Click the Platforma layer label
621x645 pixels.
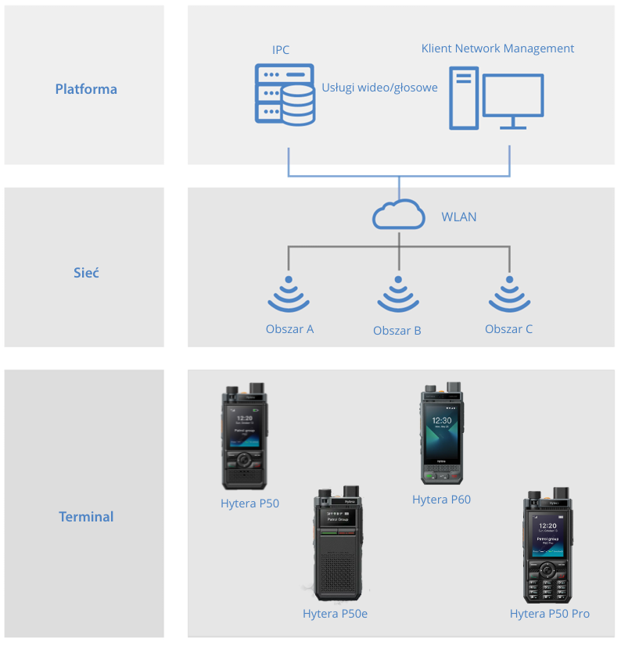coord(86,89)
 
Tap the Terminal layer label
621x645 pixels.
coord(86,517)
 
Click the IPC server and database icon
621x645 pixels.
coord(285,94)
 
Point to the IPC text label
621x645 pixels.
coord(281,50)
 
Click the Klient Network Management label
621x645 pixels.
coord(497,48)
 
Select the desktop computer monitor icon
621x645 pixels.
coord(512,100)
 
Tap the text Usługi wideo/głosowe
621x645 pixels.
coord(379,88)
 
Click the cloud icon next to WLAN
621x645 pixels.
coord(399,215)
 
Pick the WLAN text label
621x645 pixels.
coord(459,217)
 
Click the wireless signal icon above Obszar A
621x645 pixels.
coord(289,296)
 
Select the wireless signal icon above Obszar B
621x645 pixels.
coord(399,296)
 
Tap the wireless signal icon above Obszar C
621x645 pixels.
coord(510,296)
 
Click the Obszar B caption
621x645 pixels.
coord(397,331)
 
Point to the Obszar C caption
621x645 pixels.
coord(508,329)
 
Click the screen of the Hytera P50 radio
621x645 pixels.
coord(245,428)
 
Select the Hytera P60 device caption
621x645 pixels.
coord(441,500)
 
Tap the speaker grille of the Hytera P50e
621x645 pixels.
coord(338,569)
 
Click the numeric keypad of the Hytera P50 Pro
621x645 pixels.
coord(547,588)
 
